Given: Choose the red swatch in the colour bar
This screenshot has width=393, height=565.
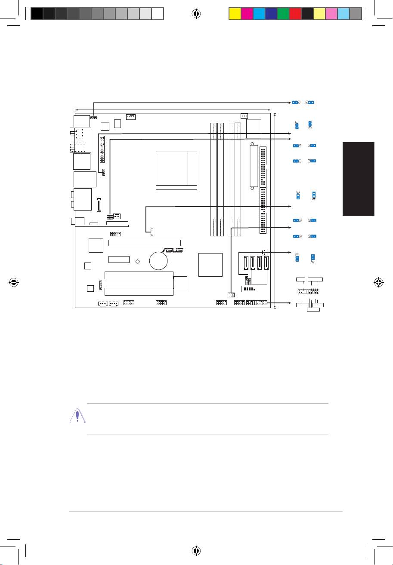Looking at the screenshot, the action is (x=295, y=14).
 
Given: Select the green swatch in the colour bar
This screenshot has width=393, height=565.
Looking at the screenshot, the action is (x=283, y=14).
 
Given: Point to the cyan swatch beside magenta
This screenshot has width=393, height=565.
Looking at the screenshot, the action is (x=258, y=14).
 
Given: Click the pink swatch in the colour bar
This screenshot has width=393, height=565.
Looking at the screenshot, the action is (x=331, y=14).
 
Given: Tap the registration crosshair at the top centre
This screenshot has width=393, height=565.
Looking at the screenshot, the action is (x=196, y=14).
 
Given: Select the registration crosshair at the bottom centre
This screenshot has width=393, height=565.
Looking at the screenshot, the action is (x=196, y=551).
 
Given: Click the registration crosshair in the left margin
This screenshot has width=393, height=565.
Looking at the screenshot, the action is (x=14, y=283).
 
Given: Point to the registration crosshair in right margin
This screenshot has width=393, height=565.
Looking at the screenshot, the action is (x=379, y=283).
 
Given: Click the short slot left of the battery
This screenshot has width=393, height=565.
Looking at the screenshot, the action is (x=119, y=260).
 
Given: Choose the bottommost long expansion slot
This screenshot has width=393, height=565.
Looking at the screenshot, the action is (x=139, y=291).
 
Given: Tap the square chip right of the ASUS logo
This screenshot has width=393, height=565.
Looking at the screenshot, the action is (x=210, y=265).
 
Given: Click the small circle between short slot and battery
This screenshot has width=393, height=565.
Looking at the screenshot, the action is (x=137, y=261).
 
